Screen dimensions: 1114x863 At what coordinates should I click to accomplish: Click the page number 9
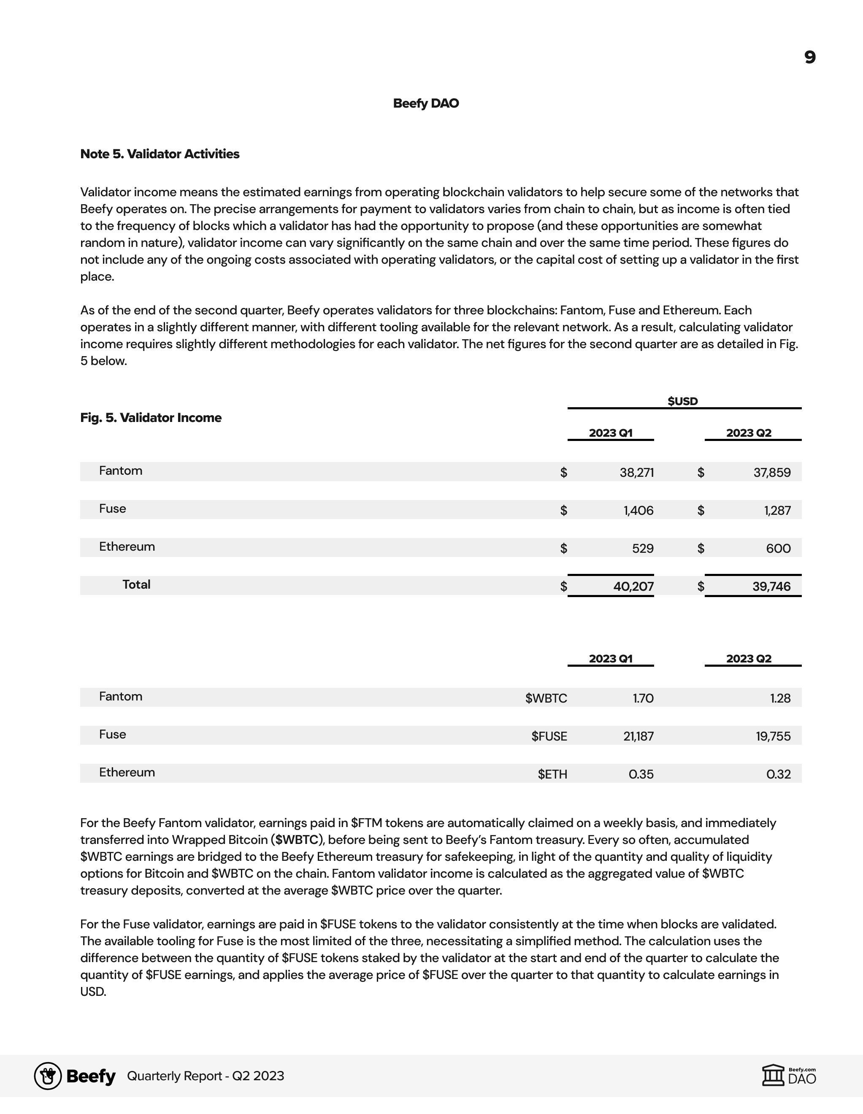coord(809,57)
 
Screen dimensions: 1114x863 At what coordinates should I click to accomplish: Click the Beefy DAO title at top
coord(426,103)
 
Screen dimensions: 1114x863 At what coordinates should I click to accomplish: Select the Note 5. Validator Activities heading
coord(160,154)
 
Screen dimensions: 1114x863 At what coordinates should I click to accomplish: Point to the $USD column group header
coord(682,401)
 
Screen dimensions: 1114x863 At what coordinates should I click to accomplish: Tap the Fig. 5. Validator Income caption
coord(151,418)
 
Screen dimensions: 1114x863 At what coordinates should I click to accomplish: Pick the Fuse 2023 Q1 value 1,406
coord(638,511)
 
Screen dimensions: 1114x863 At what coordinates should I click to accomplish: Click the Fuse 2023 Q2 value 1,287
coord(777,511)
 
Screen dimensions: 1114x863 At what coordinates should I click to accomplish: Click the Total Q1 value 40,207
coord(633,587)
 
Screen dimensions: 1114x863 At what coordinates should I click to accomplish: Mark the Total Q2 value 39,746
coord(771,587)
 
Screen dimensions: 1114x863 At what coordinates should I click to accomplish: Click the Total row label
coord(136,584)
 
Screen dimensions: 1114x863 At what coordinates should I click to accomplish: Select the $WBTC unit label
coord(546,698)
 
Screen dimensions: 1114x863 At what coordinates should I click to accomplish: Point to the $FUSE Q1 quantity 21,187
coord(638,736)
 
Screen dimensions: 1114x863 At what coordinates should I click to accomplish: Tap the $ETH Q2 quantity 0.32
coord(778,774)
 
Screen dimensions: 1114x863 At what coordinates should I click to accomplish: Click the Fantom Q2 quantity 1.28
coord(780,698)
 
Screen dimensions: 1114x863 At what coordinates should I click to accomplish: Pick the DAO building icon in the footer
coord(773,1076)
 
